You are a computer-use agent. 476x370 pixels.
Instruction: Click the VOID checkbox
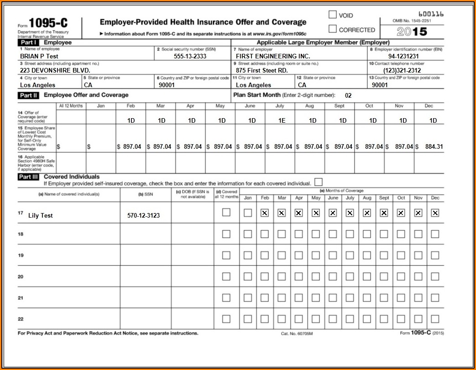pos(333,15)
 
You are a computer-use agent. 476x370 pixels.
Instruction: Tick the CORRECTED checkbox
pos(333,30)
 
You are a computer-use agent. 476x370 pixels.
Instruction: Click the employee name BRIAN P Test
pos(39,56)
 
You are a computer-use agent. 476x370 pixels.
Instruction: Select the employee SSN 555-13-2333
pos(190,56)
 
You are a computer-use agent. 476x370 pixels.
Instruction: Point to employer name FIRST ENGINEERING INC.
pos(272,56)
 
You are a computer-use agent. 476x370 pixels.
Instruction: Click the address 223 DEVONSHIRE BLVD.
pos(55,71)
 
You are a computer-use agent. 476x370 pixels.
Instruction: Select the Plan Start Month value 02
pos(348,95)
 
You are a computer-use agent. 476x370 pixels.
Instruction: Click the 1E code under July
pos(282,121)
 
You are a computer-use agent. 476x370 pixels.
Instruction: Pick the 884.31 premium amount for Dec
pos(433,146)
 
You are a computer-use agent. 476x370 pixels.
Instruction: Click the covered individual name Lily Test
pos(40,215)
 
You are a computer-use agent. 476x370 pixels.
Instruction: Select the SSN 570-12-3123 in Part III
pos(144,215)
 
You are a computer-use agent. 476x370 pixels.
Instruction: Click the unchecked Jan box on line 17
pos(247,213)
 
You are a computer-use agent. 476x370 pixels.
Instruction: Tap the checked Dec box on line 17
pos(435,213)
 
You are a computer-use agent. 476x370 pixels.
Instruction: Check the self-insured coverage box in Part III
pos(318,182)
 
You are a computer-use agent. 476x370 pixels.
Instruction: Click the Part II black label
pos(28,95)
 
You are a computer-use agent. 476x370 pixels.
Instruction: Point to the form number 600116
pos(430,14)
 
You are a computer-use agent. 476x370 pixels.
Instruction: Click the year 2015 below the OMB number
pos(412,31)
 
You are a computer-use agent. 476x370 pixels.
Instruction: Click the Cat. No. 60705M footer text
pos(297,334)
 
